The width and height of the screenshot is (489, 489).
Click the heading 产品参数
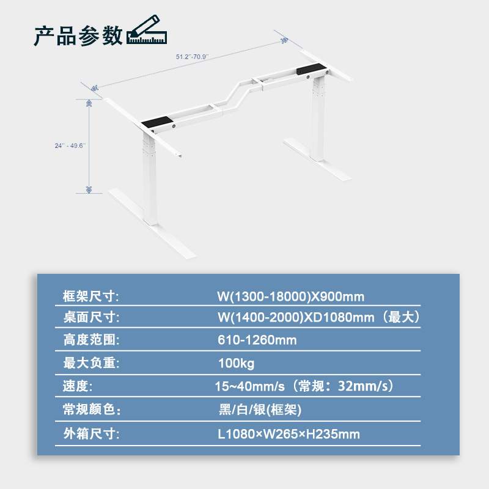click(78, 35)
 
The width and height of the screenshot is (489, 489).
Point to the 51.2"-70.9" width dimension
click(192, 56)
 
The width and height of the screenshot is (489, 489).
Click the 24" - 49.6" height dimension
click(70, 145)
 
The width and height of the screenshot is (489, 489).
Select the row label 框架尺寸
click(90, 297)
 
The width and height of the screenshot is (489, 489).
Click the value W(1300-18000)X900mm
click(290, 297)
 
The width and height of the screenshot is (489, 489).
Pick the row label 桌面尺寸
click(90, 318)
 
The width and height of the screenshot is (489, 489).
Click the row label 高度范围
click(90, 340)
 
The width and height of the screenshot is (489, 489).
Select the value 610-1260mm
click(257, 340)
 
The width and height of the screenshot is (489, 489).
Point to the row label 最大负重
click(90, 363)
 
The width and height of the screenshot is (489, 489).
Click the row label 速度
click(79, 386)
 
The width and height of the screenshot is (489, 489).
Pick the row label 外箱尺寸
click(90, 435)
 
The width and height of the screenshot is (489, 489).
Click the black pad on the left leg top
click(158, 125)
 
